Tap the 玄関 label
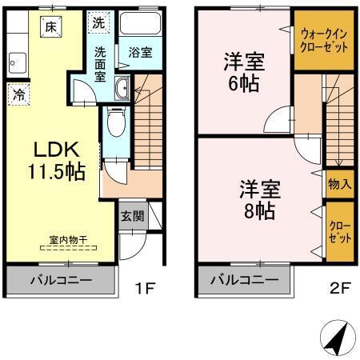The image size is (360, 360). tap(132, 214)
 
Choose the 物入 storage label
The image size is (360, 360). tap(339, 184)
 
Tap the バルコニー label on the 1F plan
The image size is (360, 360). tap(62, 281)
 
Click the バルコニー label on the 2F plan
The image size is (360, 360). tap(244, 281)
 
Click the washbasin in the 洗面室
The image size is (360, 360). tap(122, 88)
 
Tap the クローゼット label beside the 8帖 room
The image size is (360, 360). tap(338, 232)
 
